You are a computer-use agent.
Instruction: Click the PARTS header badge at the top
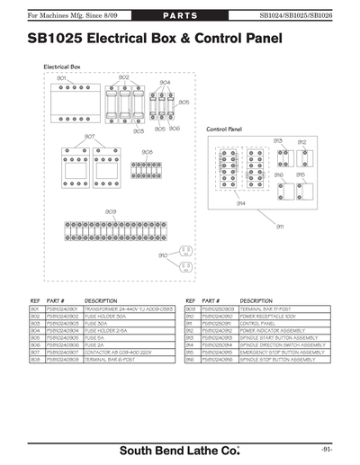(180, 16)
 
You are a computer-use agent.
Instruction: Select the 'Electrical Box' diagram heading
(62, 67)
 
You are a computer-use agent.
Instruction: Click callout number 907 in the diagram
(89, 136)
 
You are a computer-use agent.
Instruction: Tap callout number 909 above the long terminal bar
(110, 211)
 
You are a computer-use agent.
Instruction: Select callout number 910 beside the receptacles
(163, 255)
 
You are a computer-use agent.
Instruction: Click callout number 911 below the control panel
(280, 227)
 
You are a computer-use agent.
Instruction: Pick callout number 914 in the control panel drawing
(241, 203)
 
